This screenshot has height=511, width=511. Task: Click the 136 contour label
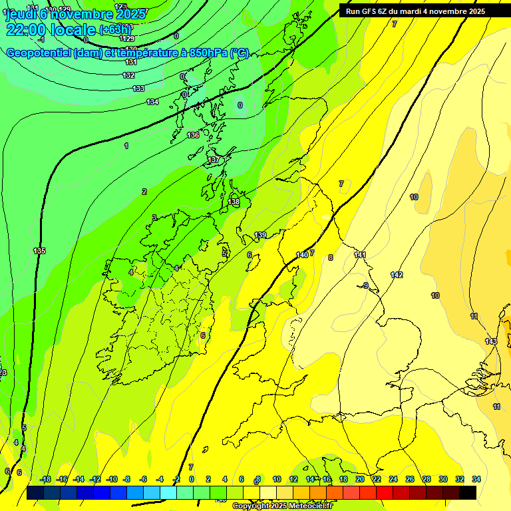[x=193, y=135]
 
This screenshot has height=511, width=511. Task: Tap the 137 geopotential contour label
[x=214, y=160]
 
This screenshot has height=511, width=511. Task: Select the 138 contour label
[x=234, y=202]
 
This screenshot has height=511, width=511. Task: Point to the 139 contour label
[x=260, y=235]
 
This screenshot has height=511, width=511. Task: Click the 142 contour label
[x=397, y=275]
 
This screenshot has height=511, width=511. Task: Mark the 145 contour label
[x=491, y=341]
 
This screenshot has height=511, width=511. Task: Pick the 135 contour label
[x=39, y=251]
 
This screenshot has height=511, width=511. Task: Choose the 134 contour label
[x=152, y=102]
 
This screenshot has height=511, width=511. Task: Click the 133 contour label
[x=138, y=88]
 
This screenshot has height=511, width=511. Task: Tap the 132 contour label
[x=128, y=75]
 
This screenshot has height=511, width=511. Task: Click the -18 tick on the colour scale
[x=45, y=479]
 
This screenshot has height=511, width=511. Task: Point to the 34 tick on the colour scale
[x=476, y=479]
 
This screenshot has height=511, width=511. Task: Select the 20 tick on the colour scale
[x=359, y=479]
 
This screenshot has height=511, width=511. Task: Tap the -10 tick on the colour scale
[x=112, y=479]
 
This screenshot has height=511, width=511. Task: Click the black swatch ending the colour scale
[x=467, y=492]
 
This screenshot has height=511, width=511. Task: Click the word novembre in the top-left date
[x=84, y=14]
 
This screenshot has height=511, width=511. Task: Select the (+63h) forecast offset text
[x=116, y=29]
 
